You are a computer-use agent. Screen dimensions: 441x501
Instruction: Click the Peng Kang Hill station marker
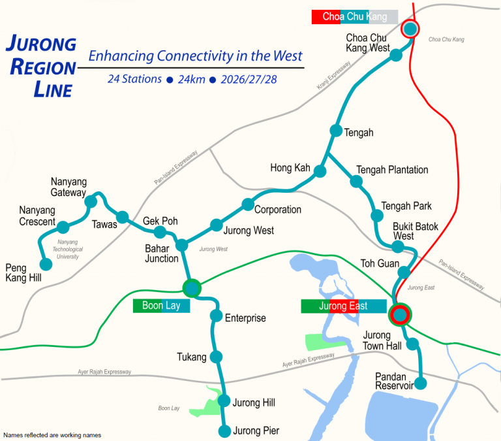pos(46,265)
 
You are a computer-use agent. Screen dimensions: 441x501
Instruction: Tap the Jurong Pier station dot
pos(224,431)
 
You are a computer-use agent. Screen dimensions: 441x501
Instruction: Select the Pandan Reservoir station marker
pos(421,384)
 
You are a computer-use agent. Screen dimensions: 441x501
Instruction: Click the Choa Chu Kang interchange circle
pos(410,29)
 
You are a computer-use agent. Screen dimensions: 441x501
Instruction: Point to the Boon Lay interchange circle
pos(192,287)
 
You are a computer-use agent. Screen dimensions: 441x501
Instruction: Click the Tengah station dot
pos(336,131)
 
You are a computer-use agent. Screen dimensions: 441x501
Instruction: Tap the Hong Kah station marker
pos(320,171)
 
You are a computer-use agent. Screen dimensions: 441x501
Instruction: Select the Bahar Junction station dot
pos(182,246)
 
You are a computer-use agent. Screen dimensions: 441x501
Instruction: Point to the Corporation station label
pos(277,210)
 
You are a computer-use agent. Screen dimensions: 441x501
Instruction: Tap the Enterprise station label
pos(245,318)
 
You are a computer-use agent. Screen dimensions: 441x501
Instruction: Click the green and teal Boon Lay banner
pos(161,305)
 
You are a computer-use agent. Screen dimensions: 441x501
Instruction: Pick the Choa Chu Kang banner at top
pos(354,17)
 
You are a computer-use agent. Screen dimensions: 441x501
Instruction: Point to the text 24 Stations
pos(134,79)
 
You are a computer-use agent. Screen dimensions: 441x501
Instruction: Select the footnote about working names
pos(52,435)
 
